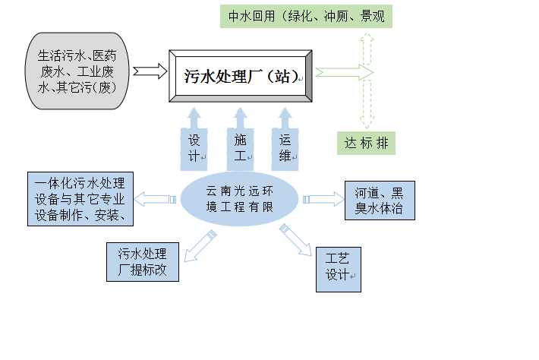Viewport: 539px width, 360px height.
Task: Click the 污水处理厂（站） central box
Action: pyautogui.click(x=241, y=76)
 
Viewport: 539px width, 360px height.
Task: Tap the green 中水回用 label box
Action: pyautogui.click(x=306, y=16)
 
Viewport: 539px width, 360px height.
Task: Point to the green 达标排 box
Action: pyautogui.click(x=366, y=143)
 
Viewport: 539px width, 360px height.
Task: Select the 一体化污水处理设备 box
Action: pyautogui.click(x=80, y=199)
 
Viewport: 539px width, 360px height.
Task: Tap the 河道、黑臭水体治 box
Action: pyautogui.click(x=380, y=200)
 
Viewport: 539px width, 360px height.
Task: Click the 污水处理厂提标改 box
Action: pyautogui.click(x=143, y=261)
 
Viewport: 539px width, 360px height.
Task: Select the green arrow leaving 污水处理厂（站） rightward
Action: pyautogui.click(x=343, y=72)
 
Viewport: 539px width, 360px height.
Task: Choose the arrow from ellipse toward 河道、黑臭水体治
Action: pyautogui.click(x=323, y=199)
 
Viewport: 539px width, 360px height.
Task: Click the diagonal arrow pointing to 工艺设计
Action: pyautogui.click(x=295, y=241)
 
